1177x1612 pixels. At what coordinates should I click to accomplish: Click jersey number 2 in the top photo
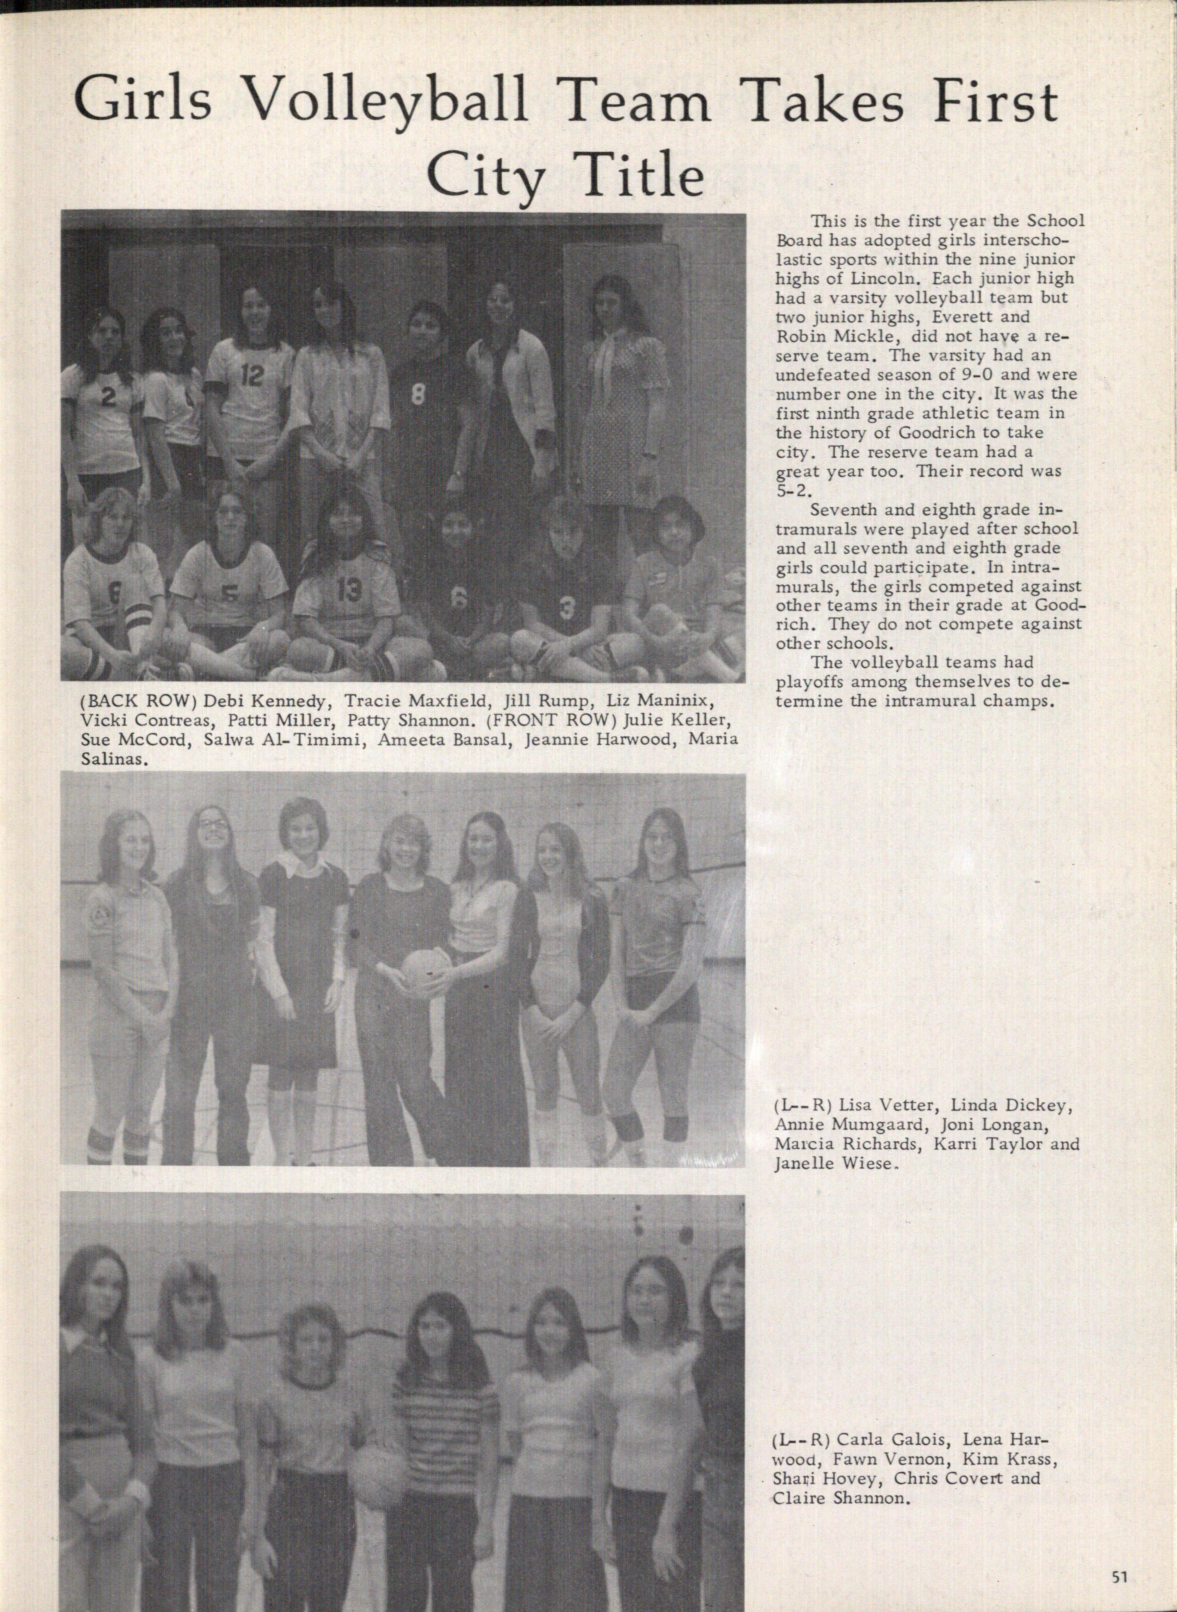(x=107, y=399)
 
